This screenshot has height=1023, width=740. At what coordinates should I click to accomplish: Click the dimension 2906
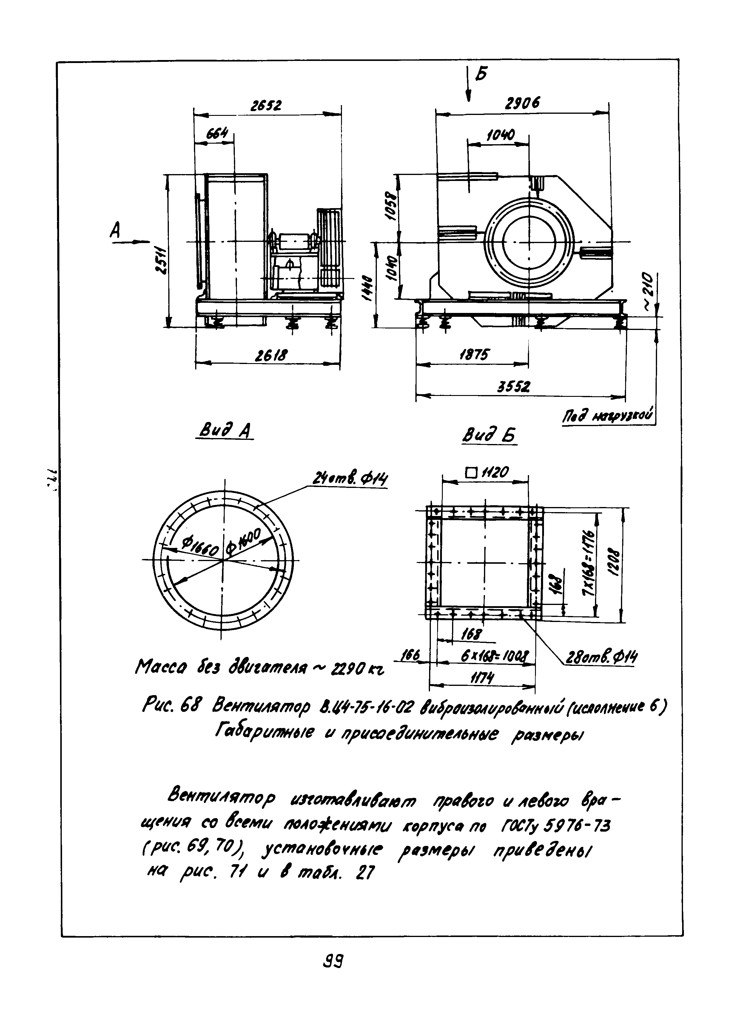522,104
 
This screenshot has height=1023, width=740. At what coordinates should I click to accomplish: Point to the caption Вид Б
489,436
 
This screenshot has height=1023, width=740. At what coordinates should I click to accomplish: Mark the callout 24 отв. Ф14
350,480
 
